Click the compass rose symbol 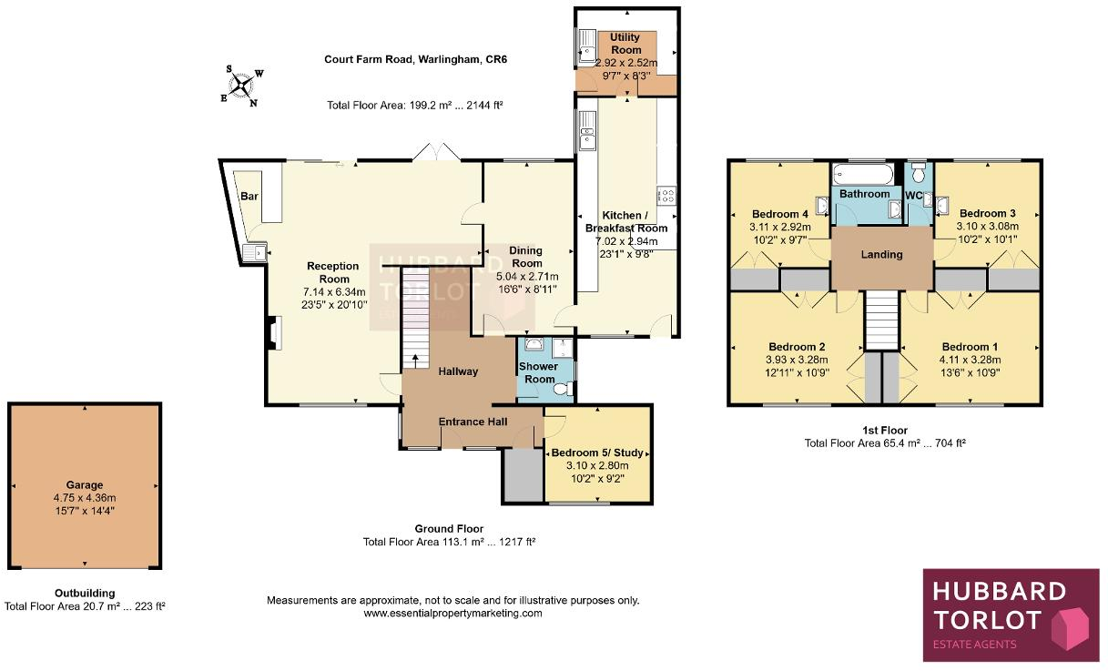241,86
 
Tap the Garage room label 84,485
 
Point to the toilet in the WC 919,172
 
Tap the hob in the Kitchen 666,194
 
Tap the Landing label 881,255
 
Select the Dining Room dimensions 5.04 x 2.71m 526,277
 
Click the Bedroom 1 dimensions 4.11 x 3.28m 970,360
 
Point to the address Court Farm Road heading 415,60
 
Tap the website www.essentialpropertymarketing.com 452,614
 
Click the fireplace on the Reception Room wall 272,333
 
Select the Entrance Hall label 473,422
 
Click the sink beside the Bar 255,251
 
